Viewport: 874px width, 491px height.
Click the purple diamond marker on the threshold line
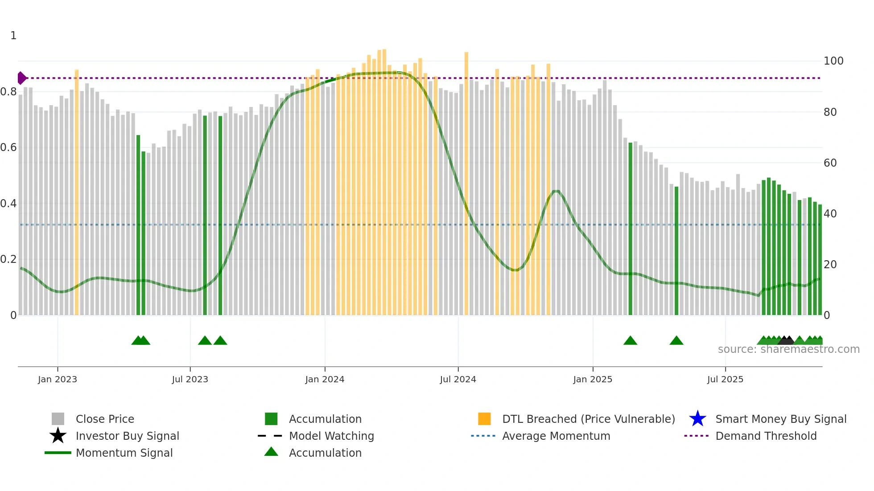click(x=21, y=78)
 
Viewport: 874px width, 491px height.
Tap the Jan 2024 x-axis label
click(x=325, y=379)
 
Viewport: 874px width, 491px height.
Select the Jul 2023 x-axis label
click(x=190, y=379)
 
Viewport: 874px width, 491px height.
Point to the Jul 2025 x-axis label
click(x=725, y=379)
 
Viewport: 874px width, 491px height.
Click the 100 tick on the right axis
click(x=833, y=61)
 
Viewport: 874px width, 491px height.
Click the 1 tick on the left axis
click(x=13, y=36)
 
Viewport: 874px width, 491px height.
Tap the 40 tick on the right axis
click(x=830, y=214)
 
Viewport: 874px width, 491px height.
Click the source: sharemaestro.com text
click(x=788, y=349)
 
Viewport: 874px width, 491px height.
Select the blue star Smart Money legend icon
click(x=697, y=419)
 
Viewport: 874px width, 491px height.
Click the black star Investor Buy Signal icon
click(x=58, y=436)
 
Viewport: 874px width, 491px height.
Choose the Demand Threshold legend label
click(x=766, y=436)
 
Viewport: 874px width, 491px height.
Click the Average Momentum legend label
click(x=556, y=436)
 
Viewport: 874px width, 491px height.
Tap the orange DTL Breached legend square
click(x=484, y=419)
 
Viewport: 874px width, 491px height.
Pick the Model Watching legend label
click(x=331, y=436)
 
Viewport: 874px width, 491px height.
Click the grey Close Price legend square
click(x=58, y=419)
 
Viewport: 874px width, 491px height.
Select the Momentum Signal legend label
click(x=124, y=453)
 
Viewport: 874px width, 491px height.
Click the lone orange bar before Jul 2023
click(x=77, y=192)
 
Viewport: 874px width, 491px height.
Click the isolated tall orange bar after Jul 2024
click(x=466, y=183)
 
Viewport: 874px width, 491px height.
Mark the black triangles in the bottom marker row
click(x=786, y=340)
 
